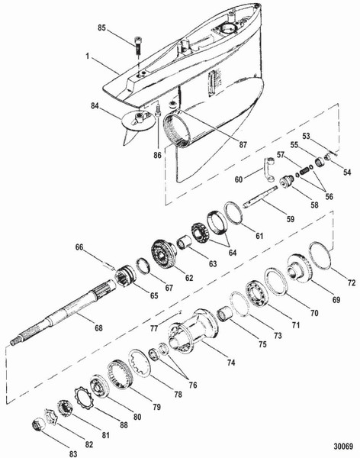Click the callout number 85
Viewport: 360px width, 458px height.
tap(101, 29)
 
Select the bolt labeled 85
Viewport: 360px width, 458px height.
tap(137, 46)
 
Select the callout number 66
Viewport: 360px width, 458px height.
tap(79, 247)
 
